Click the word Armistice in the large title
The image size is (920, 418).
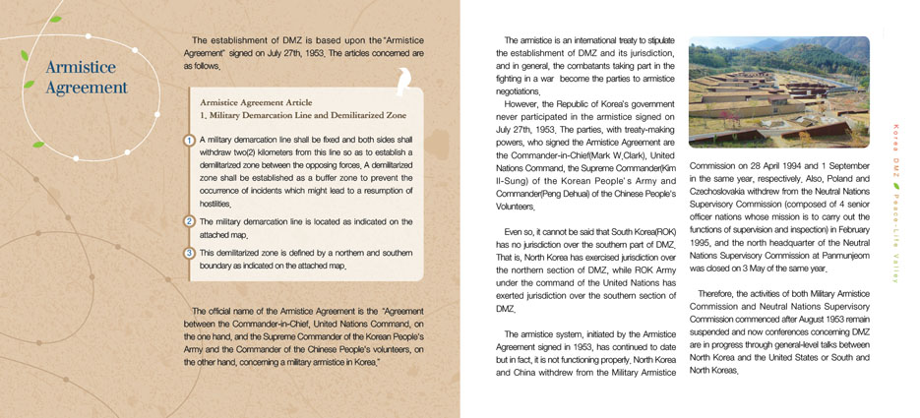coord(81,68)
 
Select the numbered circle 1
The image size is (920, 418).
coord(190,141)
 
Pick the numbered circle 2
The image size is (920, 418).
coord(190,220)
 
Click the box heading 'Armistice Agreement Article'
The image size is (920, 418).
coord(260,101)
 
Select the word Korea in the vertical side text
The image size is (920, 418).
coord(895,138)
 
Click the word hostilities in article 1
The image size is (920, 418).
coord(215,203)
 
